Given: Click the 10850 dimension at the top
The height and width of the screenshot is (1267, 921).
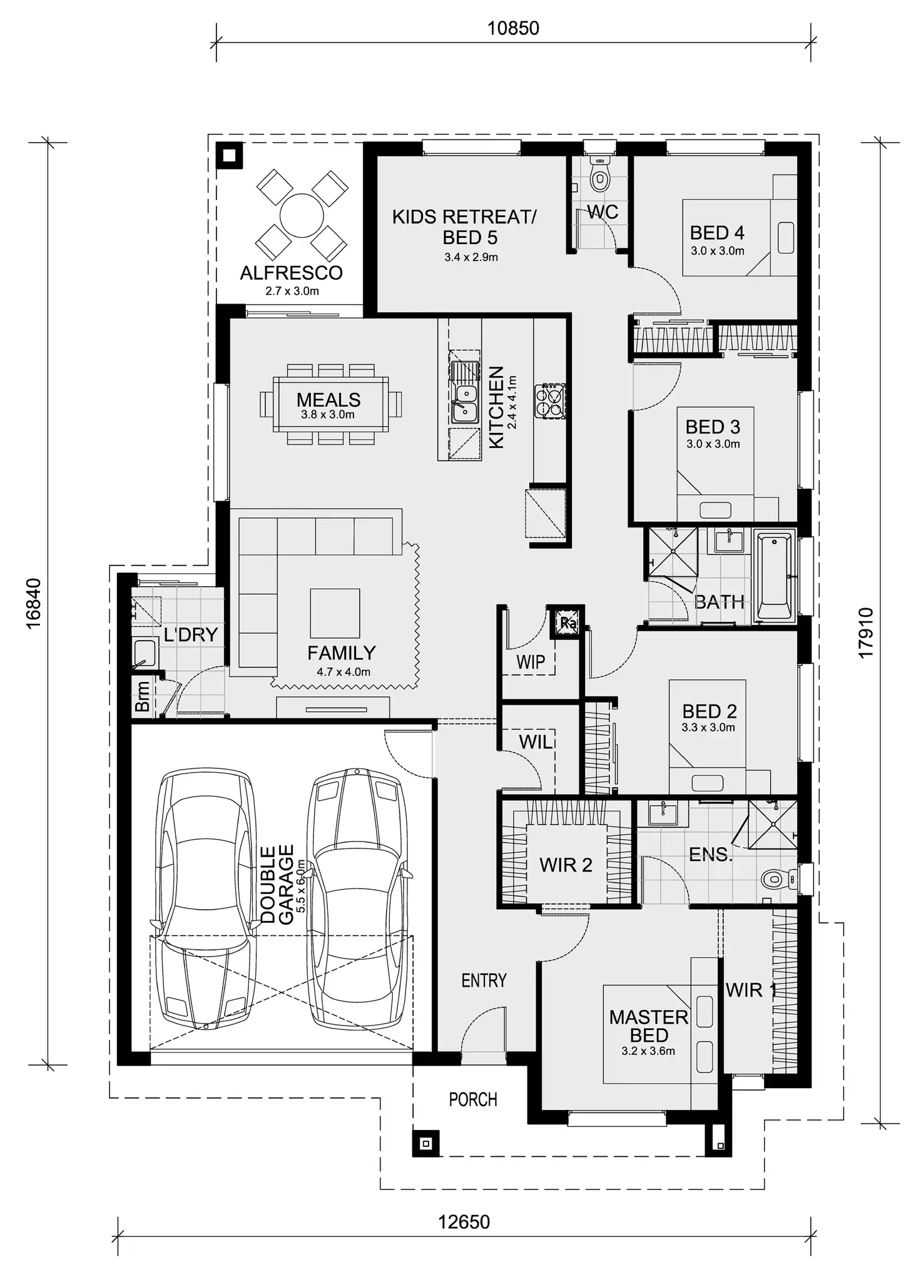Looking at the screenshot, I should click(x=513, y=28).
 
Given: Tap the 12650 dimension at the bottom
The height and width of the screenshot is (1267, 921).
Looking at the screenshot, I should click(x=464, y=1221).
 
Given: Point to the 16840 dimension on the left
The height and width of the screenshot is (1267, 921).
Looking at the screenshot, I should click(x=34, y=603).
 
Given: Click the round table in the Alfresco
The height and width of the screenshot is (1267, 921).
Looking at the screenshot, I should click(x=302, y=215).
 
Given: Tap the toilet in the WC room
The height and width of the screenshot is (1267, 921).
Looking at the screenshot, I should click(x=600, y=178).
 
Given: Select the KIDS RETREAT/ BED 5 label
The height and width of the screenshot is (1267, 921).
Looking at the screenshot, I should click(x=464, y=227).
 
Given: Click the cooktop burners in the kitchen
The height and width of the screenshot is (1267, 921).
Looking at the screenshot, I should click(x=550, y=401).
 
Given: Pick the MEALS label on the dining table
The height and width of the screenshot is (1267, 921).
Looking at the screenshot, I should click(x=328, y=399).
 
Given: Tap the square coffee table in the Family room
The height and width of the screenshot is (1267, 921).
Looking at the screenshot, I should click(x=335, y=613).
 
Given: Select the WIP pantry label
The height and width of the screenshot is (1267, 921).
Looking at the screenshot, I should click(x=531, y=661).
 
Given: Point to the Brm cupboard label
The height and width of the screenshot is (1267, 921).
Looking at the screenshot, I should click(x=143, y=696).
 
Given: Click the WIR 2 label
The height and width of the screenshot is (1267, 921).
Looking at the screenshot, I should click(x=566, y=865).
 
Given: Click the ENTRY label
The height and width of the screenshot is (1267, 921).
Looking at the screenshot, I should click(x=484, y=980).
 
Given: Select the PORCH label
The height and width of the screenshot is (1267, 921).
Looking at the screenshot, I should click(x=473, y=1099).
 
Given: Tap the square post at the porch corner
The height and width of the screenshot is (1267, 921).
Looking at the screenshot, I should click(x=426, y=1144).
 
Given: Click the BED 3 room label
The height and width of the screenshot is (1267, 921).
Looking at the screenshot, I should click(x=713, y=427).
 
